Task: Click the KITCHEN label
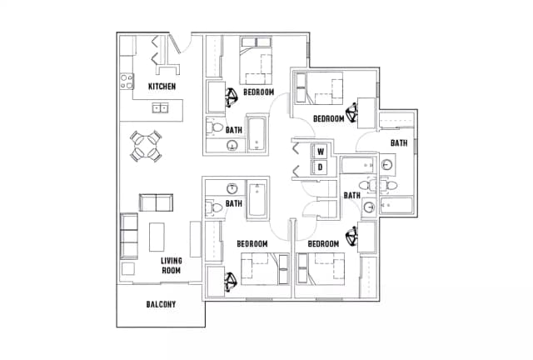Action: [162, 87]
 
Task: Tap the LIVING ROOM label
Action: [172, 265]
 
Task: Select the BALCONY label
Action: [161, 304]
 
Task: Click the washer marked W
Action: [321, 152]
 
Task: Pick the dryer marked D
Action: [320, 167]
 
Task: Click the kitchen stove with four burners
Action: [127, 82]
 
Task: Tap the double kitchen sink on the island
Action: [160, 107]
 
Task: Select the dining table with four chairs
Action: [146, 146]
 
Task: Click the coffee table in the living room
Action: [157, 237]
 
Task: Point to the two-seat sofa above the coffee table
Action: [156, 202]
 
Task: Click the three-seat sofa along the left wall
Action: [129, 236]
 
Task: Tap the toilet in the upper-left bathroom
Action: [214, 127]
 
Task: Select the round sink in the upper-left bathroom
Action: [232, 146]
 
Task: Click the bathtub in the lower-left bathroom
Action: [257, 200]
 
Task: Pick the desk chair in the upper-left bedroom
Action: [232, 97]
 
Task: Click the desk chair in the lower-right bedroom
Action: [352, 236]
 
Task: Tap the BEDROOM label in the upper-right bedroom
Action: [329, 119]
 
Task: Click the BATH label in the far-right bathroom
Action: [399, 142]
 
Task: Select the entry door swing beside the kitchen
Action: [181, 43]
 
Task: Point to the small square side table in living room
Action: [128, 268]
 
